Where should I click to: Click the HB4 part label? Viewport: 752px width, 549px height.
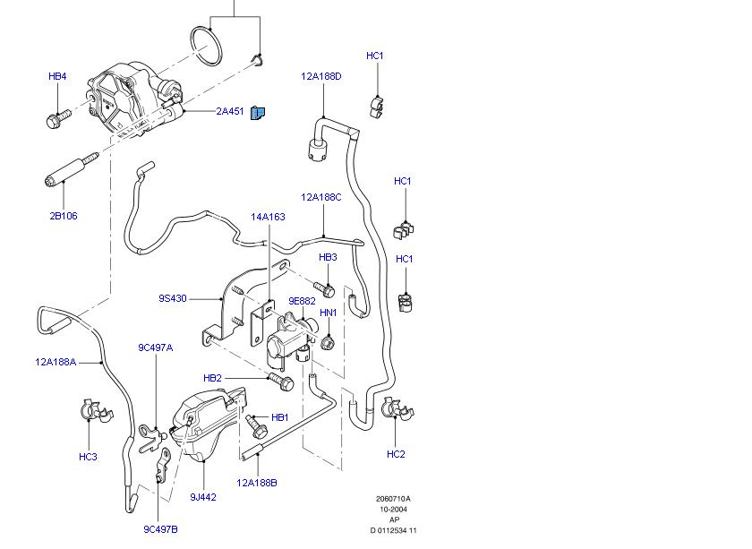[57, 77]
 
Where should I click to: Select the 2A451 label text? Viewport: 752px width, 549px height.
[229, 112]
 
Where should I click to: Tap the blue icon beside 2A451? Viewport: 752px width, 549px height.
[258, 113]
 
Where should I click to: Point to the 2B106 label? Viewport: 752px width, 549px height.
[63, 216]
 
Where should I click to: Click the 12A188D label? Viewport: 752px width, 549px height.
[321, 77]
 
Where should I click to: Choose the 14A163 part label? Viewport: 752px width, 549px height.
[268, 217]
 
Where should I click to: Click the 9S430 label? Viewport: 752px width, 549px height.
[173, 299]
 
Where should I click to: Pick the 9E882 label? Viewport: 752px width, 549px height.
[302, 301]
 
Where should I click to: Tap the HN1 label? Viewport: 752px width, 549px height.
[329, 313]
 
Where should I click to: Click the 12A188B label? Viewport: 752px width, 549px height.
[257, 483]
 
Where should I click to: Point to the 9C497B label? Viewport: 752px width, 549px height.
[161, 529]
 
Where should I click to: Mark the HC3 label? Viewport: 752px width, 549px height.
[88, 457]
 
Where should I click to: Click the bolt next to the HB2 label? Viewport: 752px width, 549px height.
[283, 382]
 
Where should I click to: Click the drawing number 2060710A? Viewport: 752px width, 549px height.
[393, 499]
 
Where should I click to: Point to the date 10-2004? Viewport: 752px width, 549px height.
[393, 510]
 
